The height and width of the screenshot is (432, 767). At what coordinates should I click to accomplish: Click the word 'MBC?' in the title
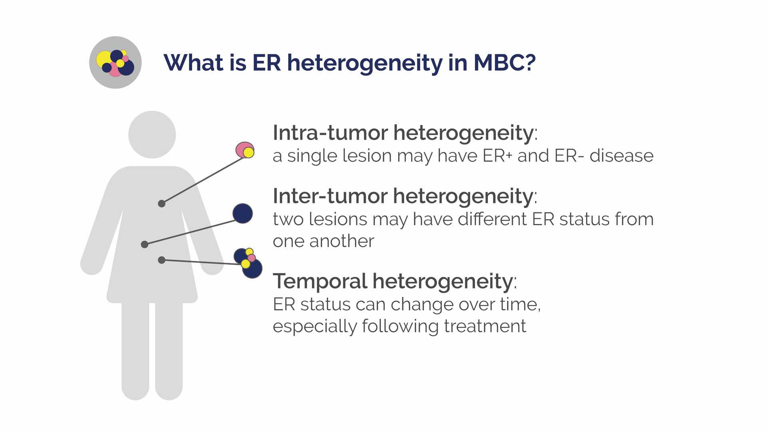505,63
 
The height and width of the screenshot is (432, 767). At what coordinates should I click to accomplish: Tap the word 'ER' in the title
267,63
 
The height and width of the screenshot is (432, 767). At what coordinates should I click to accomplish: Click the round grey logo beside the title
115,62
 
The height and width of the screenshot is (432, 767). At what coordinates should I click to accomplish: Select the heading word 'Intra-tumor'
330,132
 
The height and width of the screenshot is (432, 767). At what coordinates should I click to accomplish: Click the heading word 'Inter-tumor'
330,196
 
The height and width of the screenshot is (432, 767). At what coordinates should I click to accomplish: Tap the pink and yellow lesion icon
245,150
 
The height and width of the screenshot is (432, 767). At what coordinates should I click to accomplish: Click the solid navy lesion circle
242,213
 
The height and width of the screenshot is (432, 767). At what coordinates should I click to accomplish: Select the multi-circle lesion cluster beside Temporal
248,263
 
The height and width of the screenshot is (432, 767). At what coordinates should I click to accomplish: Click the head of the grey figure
152,135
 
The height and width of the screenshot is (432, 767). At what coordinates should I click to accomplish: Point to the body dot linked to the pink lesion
162,204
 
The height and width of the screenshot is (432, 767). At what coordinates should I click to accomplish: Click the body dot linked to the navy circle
145,244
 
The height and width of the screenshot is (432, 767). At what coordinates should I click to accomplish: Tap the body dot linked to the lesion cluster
162,260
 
